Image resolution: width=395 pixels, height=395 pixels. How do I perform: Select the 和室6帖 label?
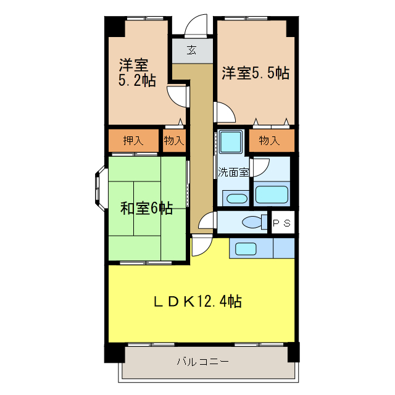(x=146, y=209)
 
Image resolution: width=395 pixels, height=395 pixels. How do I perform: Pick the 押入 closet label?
(x=133, y=140)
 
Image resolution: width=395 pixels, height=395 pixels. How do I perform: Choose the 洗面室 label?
(x=233, y=172)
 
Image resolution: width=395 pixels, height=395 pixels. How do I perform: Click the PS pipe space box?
(x=283, y=222)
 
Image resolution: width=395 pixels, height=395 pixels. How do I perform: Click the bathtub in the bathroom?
(x=272, y=194)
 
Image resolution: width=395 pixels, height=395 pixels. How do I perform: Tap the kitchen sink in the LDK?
(x=245, y=249)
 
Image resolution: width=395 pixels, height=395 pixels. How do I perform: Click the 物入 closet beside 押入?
(x=174, y=140)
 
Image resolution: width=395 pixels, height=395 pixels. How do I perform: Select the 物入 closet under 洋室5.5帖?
(x=269, y=141)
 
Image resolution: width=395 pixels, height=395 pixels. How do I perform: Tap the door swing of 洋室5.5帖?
(x=224, y=112)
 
